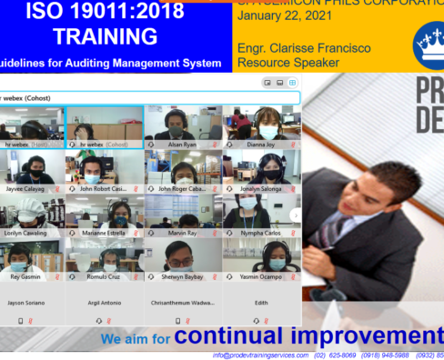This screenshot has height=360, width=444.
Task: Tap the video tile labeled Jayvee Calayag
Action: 32,168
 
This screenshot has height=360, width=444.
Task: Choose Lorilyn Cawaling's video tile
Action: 32,212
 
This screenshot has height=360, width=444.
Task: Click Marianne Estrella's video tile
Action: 104,212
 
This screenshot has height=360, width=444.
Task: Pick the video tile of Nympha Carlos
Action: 260,212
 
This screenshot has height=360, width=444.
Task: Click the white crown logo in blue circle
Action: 429,41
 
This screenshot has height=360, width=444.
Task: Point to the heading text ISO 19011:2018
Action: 105,11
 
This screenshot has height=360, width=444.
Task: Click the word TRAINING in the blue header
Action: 105,36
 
